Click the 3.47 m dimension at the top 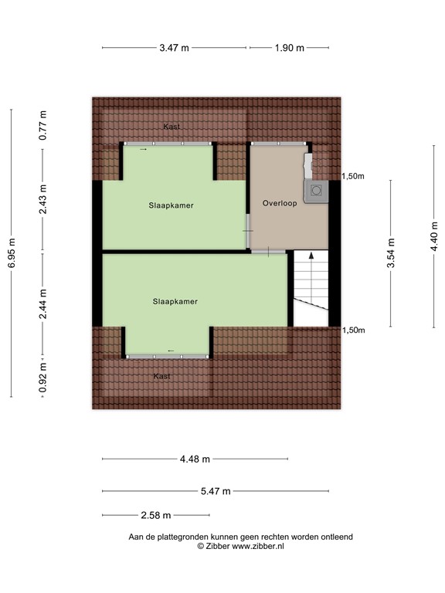pos(174,48)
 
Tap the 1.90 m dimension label pos(289,48)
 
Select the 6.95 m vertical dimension pos(12,252)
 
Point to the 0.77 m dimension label pos(43,125)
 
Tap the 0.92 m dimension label pos(43,379)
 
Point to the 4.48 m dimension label pos(195,459)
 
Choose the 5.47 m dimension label pos(216,491)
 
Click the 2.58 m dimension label pos(155,516)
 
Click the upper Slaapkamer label pos(172,206)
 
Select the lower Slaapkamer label pos(175,302)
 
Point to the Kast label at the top pos(172,126)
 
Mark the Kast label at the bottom pos(161,376)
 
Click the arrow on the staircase pos(311,256)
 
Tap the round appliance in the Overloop pos(316,189)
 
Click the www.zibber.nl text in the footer pos(258,545)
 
